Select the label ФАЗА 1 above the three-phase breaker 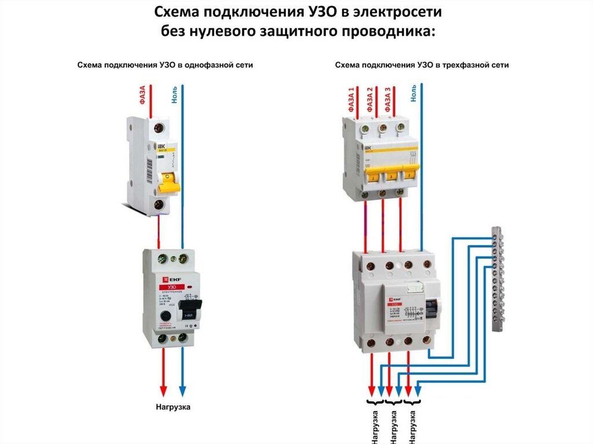[351, 98]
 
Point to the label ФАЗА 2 [369, 98]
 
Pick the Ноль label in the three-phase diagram [413, 91]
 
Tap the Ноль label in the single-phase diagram [174, 94]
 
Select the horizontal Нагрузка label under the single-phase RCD [173, 407]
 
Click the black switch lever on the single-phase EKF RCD [189, 306]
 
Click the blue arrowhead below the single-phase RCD [182, 388]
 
